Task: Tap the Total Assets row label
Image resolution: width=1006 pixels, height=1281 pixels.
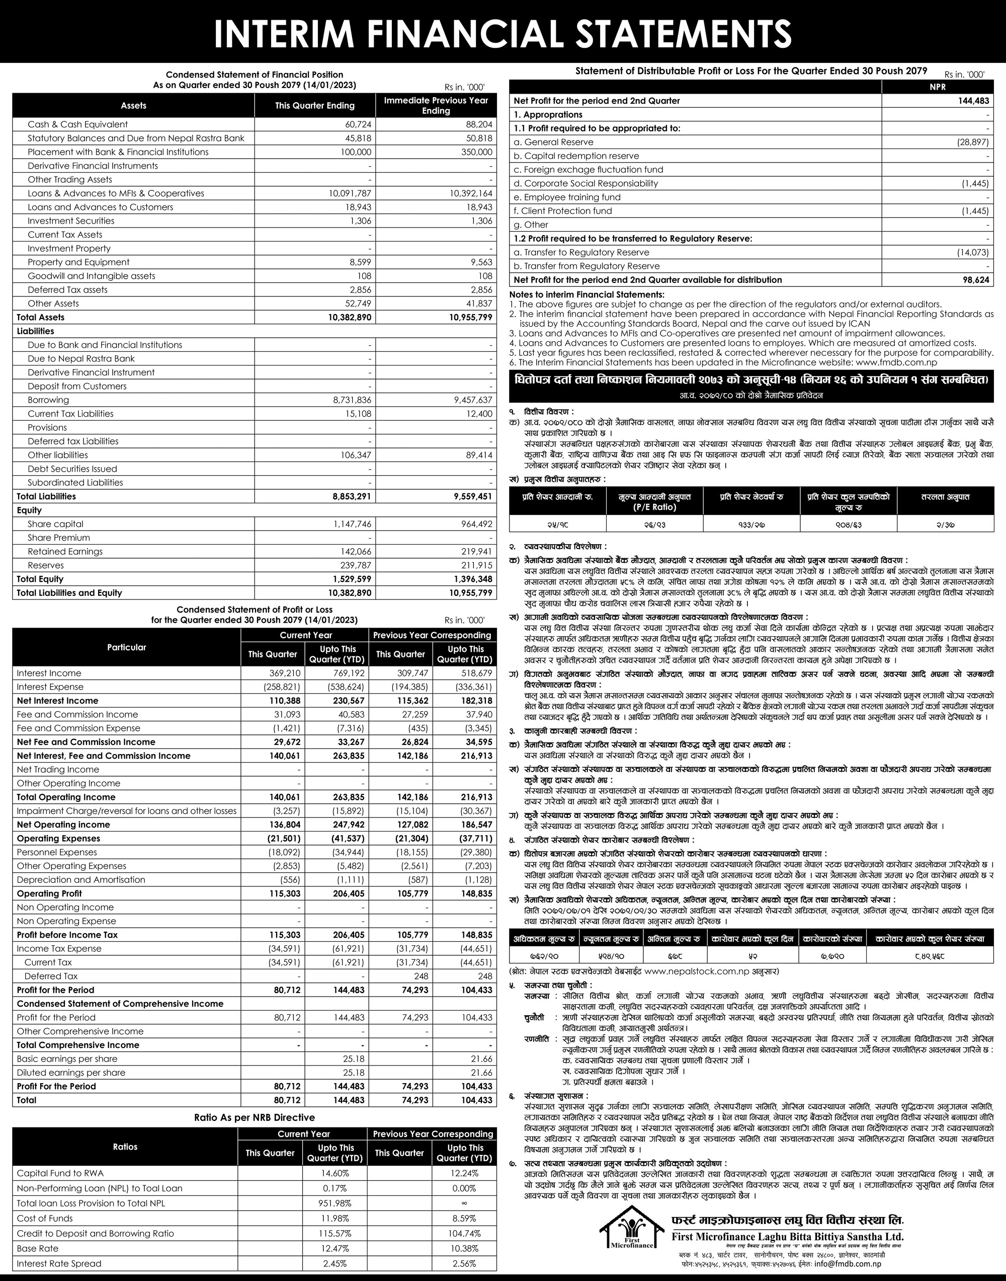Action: [41, 317]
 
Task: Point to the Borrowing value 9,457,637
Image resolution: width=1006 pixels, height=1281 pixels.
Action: [469, 400]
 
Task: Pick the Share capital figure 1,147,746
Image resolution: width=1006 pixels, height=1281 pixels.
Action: [351, 524]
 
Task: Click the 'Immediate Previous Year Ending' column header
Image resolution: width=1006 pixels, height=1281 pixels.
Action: [436, 106]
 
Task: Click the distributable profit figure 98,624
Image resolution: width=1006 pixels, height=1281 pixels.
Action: [976, 280]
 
